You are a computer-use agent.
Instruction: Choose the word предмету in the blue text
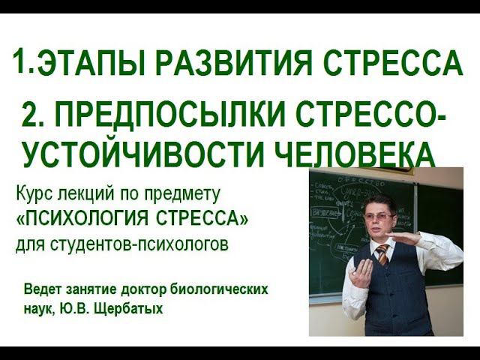point(187,194)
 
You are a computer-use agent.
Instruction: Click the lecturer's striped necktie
point(382,253)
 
